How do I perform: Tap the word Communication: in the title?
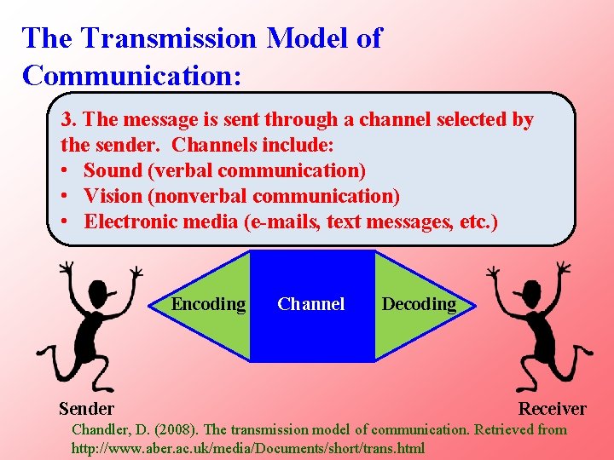coord(132,75)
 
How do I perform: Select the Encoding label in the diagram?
coord(208,304)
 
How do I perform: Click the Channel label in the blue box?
coord(311,304)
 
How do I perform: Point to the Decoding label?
coord(419,304)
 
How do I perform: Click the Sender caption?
coord(86,409)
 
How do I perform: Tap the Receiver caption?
coord(553,409)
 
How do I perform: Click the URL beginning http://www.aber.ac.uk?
coord(247,447)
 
